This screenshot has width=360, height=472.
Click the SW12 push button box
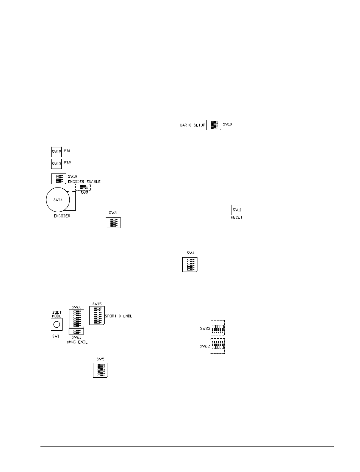pyautogui.click(x=56, y=152)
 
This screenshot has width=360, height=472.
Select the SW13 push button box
pyautogui.click(x=56, y=164)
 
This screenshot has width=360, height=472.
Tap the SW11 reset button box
pyautogui.click(x=237, y=210)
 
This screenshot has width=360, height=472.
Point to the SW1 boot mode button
pyautogui.click(x=56, y=325)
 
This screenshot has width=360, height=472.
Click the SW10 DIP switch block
pyautogui.click(x=214, y=125)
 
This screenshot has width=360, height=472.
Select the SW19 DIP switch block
pyautogui.click(x=58, y=178)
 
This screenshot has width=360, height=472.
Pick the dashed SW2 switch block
pyautogui.click(x=83, y=188)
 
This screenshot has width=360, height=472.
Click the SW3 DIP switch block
pyautogui.click(x=113, y=223)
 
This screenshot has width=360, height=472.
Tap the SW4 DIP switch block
pyautogui.click(x=190, y=264)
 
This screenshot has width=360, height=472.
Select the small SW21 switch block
pyautogui.click(x=76, y=331)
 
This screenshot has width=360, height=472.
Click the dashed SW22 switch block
pyautogui.click(x=218, y=346)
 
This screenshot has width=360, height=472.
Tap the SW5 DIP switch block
pyautogui.click(x=100, y=370)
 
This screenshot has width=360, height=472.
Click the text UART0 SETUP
pyautogui.click(x=192, y=125)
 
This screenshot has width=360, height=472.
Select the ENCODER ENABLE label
pyautogui.click(x=84, y=182)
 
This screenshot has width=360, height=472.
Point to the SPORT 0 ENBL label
pyautogui.click(x=120, y=316)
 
